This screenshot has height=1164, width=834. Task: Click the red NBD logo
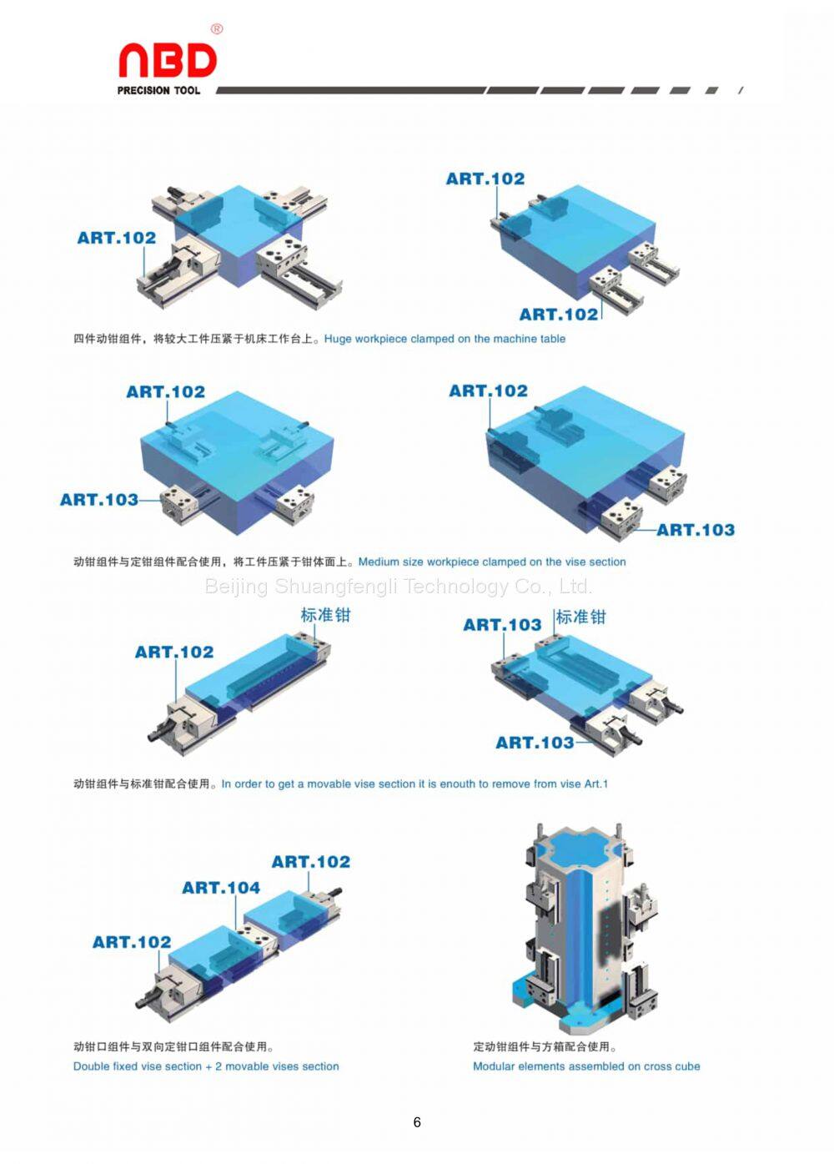pyautogui.click(x=167, y=61)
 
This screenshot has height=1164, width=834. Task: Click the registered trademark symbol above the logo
pyautogui.click(x=217, y=29)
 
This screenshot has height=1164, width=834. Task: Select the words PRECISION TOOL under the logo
pyautogui.click(x=158, y=90)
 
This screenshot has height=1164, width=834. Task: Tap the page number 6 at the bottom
pyautogui.click(x=417, y=1122)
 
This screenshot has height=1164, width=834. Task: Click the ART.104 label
pyautogui.click(x=221, y=888)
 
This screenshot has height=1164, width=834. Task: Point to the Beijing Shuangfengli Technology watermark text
pyautogui.click(x=399, y=586)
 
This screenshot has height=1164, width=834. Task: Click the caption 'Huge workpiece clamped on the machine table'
pyautogui.click(x=445, y=339)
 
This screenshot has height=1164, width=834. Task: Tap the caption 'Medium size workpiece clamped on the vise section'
pyautogui.click(x=492, y=562)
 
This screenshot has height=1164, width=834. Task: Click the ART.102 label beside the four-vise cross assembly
pyautogui.click(x=117, y=238)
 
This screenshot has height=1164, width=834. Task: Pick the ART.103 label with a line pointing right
pyautogui.click(x=99, y=500)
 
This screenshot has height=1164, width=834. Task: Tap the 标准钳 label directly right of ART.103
pyautogui.click(x=580, y=617)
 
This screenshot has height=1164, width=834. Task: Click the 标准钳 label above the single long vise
pyautogui.click(x=325, y=615)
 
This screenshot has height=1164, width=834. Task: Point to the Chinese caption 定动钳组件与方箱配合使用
pyautogui.click(x=545, y=1046)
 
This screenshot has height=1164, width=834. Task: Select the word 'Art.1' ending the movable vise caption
pyautogui.click(x=595, y=784)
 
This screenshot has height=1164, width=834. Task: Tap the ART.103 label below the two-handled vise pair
pyautogui.click(x=535, y=743)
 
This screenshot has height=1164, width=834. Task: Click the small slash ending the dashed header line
pyautogui.click(x=741, y=90)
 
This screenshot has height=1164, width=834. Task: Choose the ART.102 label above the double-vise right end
pyautogui.click(x=311, y=862)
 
